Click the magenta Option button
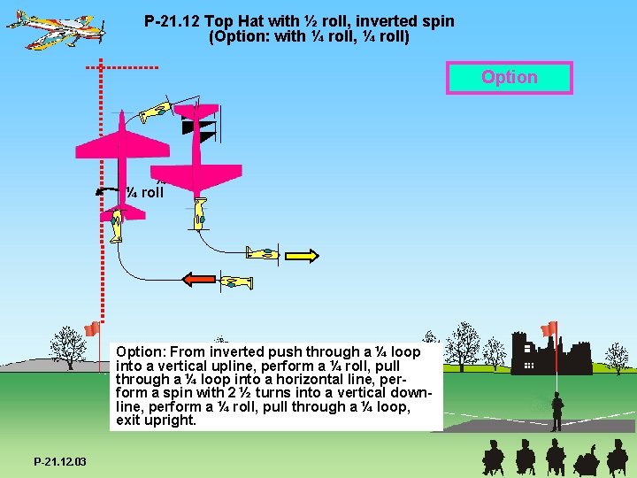tap(510, 77)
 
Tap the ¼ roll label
tap(144, 191)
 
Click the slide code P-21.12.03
tap(60, 462)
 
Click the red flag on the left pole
tap(92, 329)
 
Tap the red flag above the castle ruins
tap(549, 328)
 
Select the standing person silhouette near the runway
tap(557, 411)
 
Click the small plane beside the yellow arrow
tap(263, 254)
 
